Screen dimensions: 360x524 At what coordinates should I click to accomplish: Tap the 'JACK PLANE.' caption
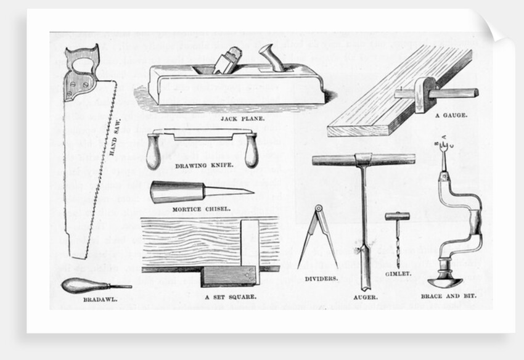(238, 116)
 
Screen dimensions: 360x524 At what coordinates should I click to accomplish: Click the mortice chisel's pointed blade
(229, 190)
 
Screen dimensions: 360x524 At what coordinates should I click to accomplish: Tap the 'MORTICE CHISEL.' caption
(201, 208)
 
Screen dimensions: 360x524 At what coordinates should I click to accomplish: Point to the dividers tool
(317, 237)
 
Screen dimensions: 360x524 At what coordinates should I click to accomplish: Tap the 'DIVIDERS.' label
(321, 279)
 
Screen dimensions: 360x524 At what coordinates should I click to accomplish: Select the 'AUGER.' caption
(366, 297)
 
